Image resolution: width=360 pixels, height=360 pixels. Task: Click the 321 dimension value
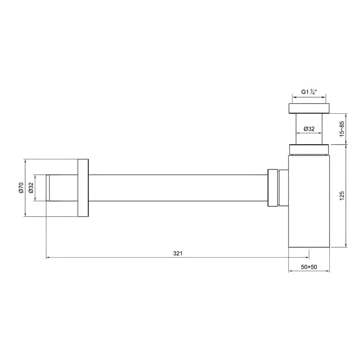(x=177, y=253)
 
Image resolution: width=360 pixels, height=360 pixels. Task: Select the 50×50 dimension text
(x=309, y=267)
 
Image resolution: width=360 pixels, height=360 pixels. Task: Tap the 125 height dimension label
(x=342, y=196)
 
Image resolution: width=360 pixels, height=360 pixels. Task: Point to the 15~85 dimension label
(x=342, y=129)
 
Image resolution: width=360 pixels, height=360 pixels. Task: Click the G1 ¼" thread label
(x=309, y=92)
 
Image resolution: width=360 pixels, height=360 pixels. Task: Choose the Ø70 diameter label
(x=21, y=187)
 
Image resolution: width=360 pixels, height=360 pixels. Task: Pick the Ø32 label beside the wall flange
(x=31, y=187)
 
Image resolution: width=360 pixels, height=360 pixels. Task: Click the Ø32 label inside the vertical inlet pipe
(x=309, y=129)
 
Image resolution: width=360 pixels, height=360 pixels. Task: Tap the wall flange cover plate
(x=83, y=188)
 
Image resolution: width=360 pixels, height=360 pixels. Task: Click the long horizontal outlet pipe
(x=178, y=188)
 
